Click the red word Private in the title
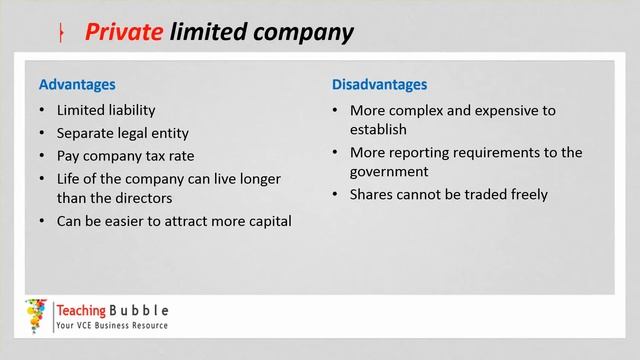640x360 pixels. [124, 32]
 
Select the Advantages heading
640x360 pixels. [77, 85]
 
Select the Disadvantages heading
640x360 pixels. [379, 85]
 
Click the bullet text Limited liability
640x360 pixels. [106, 110]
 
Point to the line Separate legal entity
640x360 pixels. [123, 133]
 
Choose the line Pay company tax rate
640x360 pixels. [125, 156]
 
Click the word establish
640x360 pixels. [378, 129]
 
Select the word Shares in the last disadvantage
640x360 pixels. [371, 194]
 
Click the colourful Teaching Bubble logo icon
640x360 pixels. [36, 315]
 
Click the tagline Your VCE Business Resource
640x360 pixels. [112, 326]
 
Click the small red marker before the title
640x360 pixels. [61, 34]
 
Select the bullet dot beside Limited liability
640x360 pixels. [41, 110]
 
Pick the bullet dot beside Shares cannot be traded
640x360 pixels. [335, 194]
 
